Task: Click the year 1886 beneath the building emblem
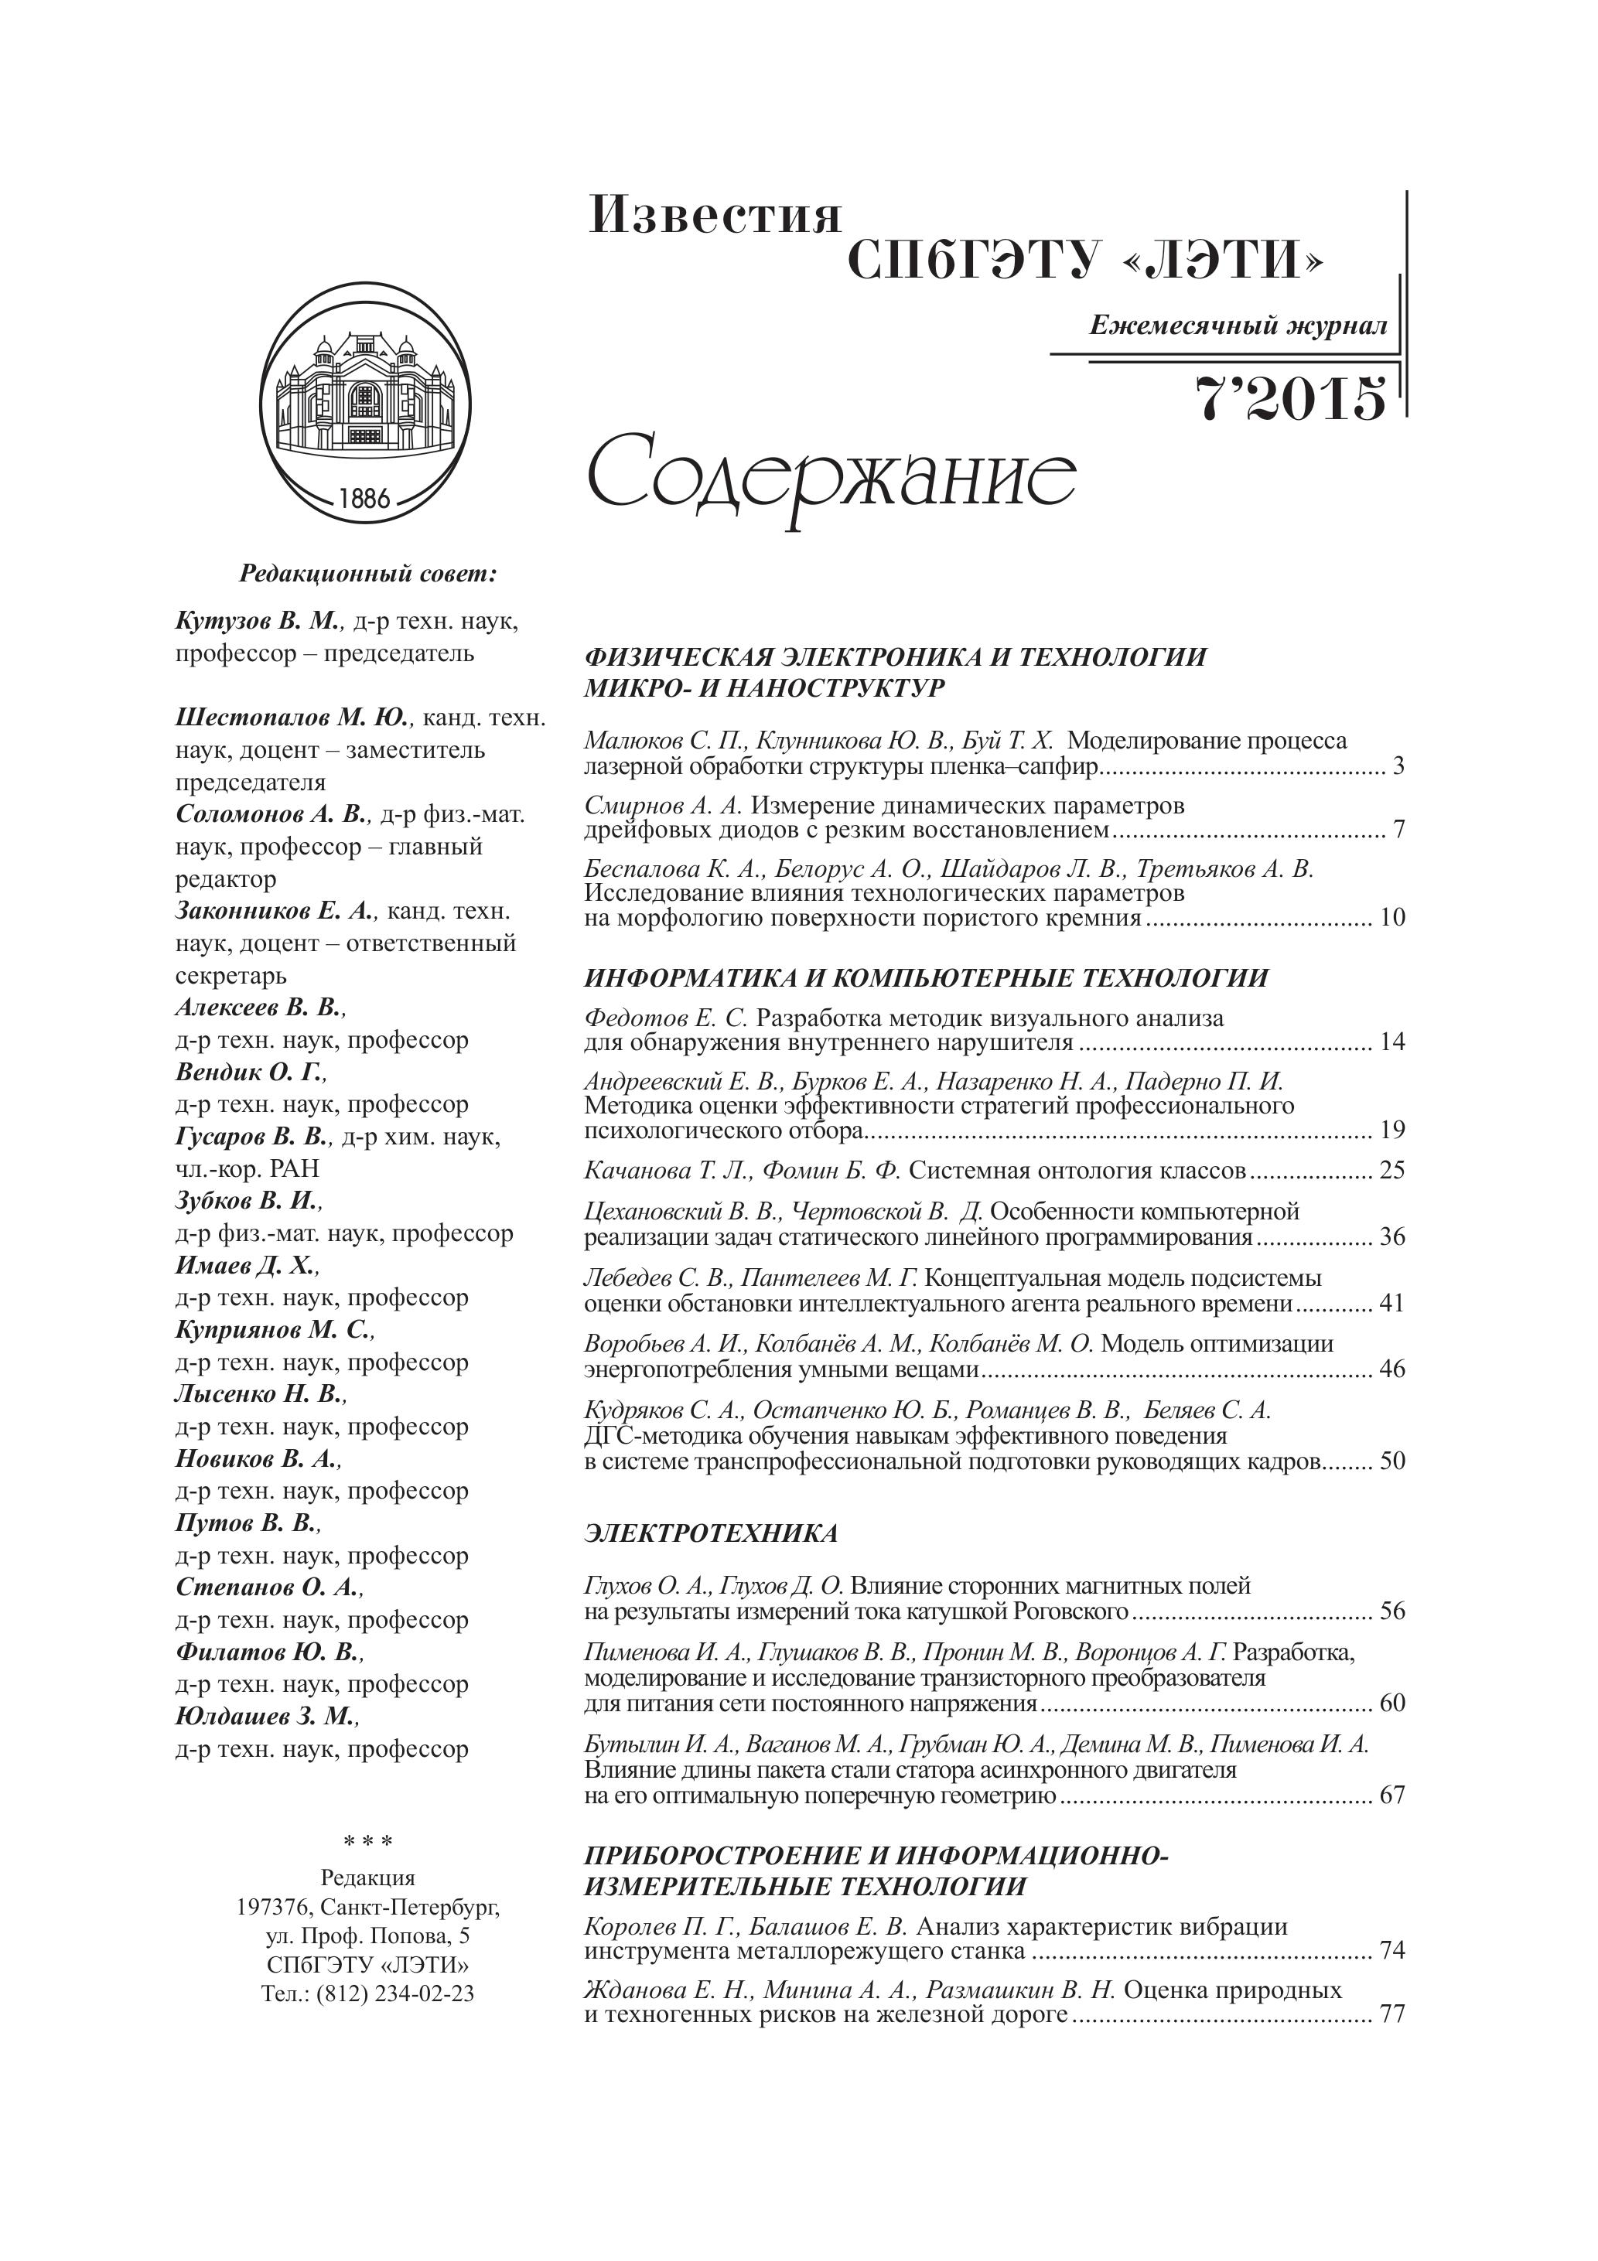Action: [364, 497]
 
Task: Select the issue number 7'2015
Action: [1291, 400]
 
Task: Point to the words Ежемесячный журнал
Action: [1238, 326]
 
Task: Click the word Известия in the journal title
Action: [715, 216]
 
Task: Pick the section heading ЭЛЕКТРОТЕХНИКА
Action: [712, 1533]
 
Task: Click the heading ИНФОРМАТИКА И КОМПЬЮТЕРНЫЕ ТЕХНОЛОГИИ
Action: [926, 978]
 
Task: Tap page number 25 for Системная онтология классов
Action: [1392, 1171]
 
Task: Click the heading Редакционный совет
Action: [368, 573]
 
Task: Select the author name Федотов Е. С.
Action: [667, 1018]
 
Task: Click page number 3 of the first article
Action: [1399, 766]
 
